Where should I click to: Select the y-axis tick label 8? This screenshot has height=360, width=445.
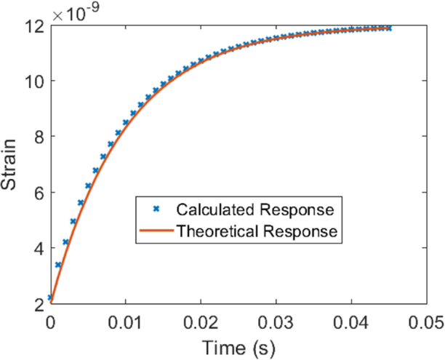click(38, 137)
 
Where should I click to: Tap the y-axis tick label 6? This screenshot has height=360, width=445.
click(38, 193)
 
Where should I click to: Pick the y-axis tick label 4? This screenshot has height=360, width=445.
click(38, 249)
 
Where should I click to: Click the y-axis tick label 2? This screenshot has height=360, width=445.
click(38, 304)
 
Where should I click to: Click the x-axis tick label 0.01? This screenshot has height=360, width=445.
click(125, 320)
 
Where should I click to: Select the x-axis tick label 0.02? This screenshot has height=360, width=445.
click(200, 320)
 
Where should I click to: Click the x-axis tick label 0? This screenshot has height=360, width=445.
click(50, 320)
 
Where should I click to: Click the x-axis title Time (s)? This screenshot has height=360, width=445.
click(238, 345)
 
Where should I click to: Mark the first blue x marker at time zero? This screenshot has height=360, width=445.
click(50, 297)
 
